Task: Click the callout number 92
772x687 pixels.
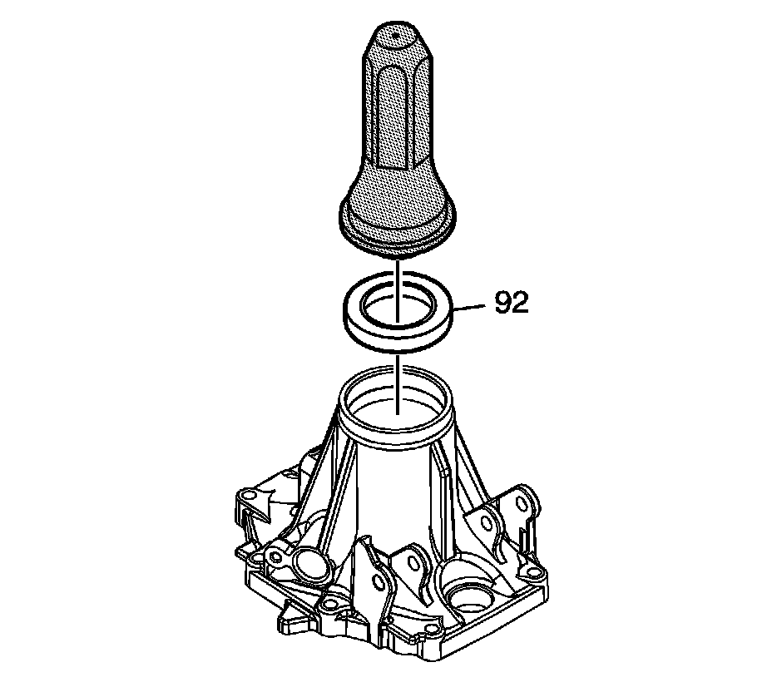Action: tap(512, 303)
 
